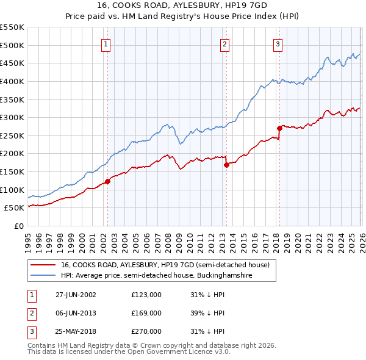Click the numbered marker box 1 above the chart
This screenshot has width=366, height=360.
pyautogui.click(x=106, y=44)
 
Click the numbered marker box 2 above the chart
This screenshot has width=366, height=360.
pyautogui.click(x=224, y=44)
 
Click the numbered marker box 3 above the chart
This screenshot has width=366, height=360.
pyautogui.click(x=278, y=44)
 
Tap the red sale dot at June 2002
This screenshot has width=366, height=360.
pyautogui.click(x=108, y=181)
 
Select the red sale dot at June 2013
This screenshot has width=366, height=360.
pyautogui.click(x=226, y=164)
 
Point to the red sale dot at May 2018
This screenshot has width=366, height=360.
pyautogui.click(x=279, y=128)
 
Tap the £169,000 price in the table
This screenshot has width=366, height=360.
pyautogui.click(x=146, y=313)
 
